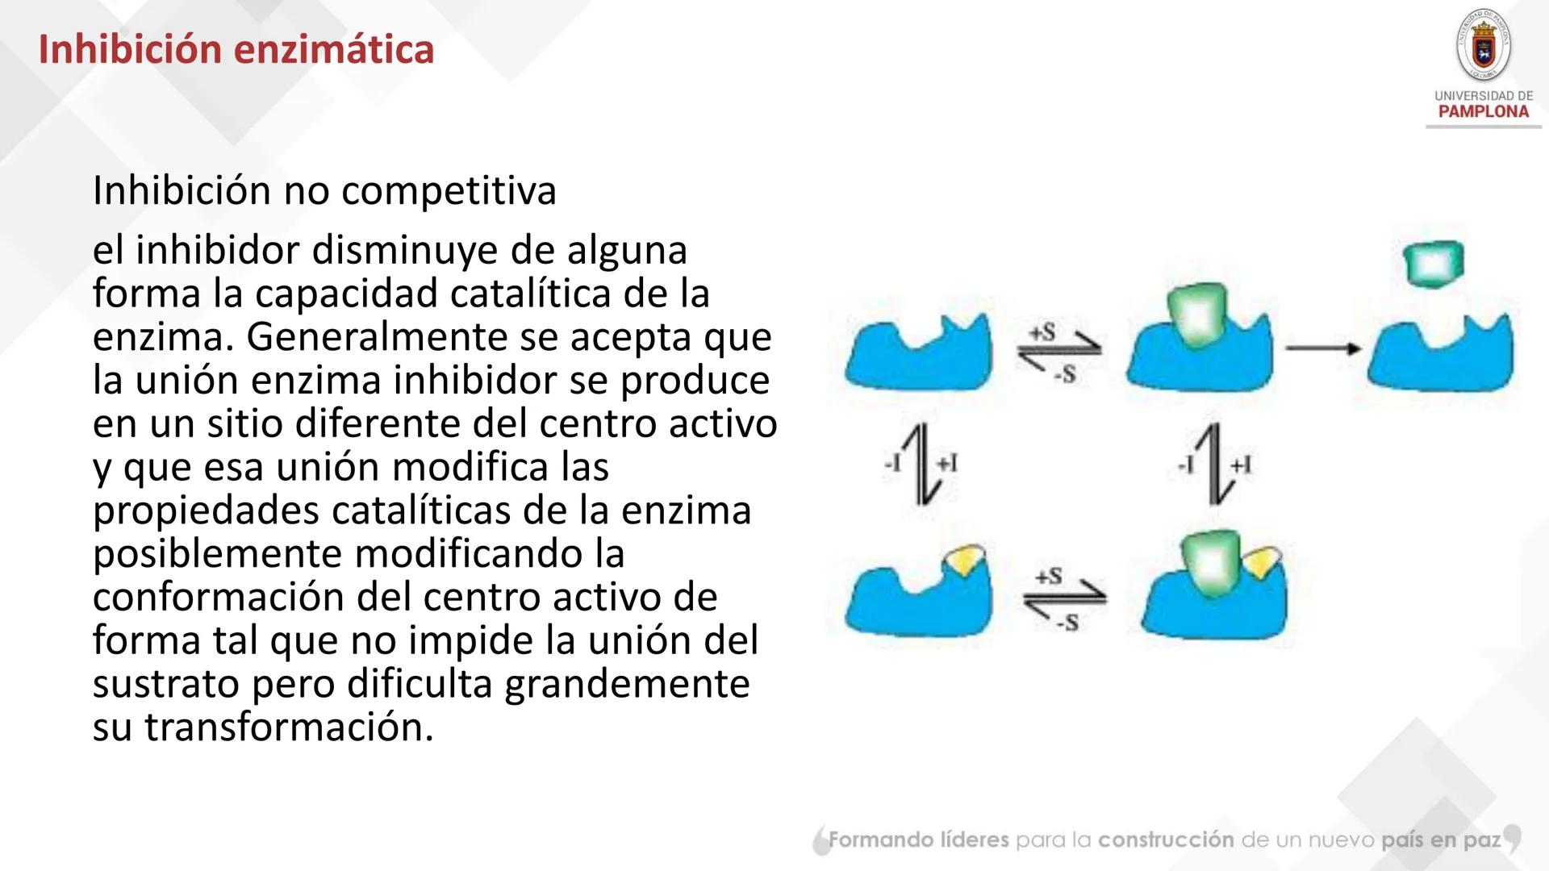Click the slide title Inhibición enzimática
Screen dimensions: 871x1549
point(236,50)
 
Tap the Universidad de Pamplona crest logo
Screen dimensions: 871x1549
point(1483,45)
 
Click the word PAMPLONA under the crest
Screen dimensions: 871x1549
point(1483,112)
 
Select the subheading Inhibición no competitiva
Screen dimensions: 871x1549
point(324,191)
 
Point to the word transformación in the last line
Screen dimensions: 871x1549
point(288,727)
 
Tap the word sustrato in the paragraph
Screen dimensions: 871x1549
point(165,684)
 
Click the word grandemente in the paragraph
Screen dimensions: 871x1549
point(627,684)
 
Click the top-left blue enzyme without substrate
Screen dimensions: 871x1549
point(918,355)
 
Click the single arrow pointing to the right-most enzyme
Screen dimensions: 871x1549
point(1322,348)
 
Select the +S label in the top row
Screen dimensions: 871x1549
point(1042,331)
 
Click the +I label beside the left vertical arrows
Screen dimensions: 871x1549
point(946,464)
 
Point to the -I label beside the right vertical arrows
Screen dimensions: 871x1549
point(1185,465)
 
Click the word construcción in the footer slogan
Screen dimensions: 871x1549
point(1166,840)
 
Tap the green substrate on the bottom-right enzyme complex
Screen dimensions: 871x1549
point(1209,561)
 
